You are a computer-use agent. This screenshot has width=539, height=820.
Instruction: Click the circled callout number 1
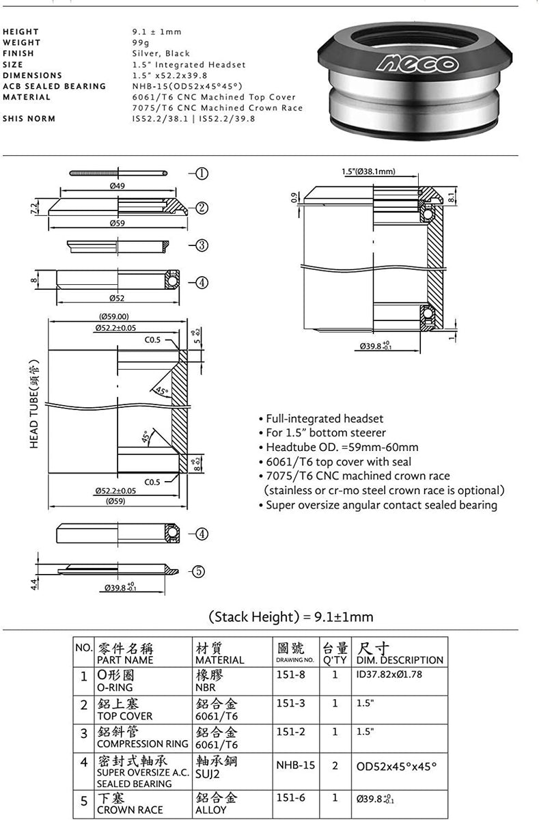(202, 174)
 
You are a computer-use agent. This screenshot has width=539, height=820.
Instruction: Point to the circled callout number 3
(202, 246)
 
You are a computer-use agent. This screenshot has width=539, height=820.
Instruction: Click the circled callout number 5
(197, 572)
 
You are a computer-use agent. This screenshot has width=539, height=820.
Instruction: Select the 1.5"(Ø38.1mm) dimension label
(368, 172)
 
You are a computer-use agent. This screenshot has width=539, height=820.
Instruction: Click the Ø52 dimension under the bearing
(115, 298)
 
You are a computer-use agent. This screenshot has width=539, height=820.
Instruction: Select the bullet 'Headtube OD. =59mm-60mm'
(342, 448)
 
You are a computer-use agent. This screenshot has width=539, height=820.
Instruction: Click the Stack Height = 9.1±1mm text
(291, 617)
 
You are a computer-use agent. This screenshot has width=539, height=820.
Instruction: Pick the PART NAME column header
(126, 660)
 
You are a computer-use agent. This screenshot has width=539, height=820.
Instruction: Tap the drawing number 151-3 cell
(286, 702)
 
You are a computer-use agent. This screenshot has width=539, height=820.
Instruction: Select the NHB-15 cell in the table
(295, 765)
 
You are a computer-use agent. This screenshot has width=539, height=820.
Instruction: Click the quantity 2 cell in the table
(335, 765)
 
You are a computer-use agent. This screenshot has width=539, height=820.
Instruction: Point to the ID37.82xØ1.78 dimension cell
(389, 674)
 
